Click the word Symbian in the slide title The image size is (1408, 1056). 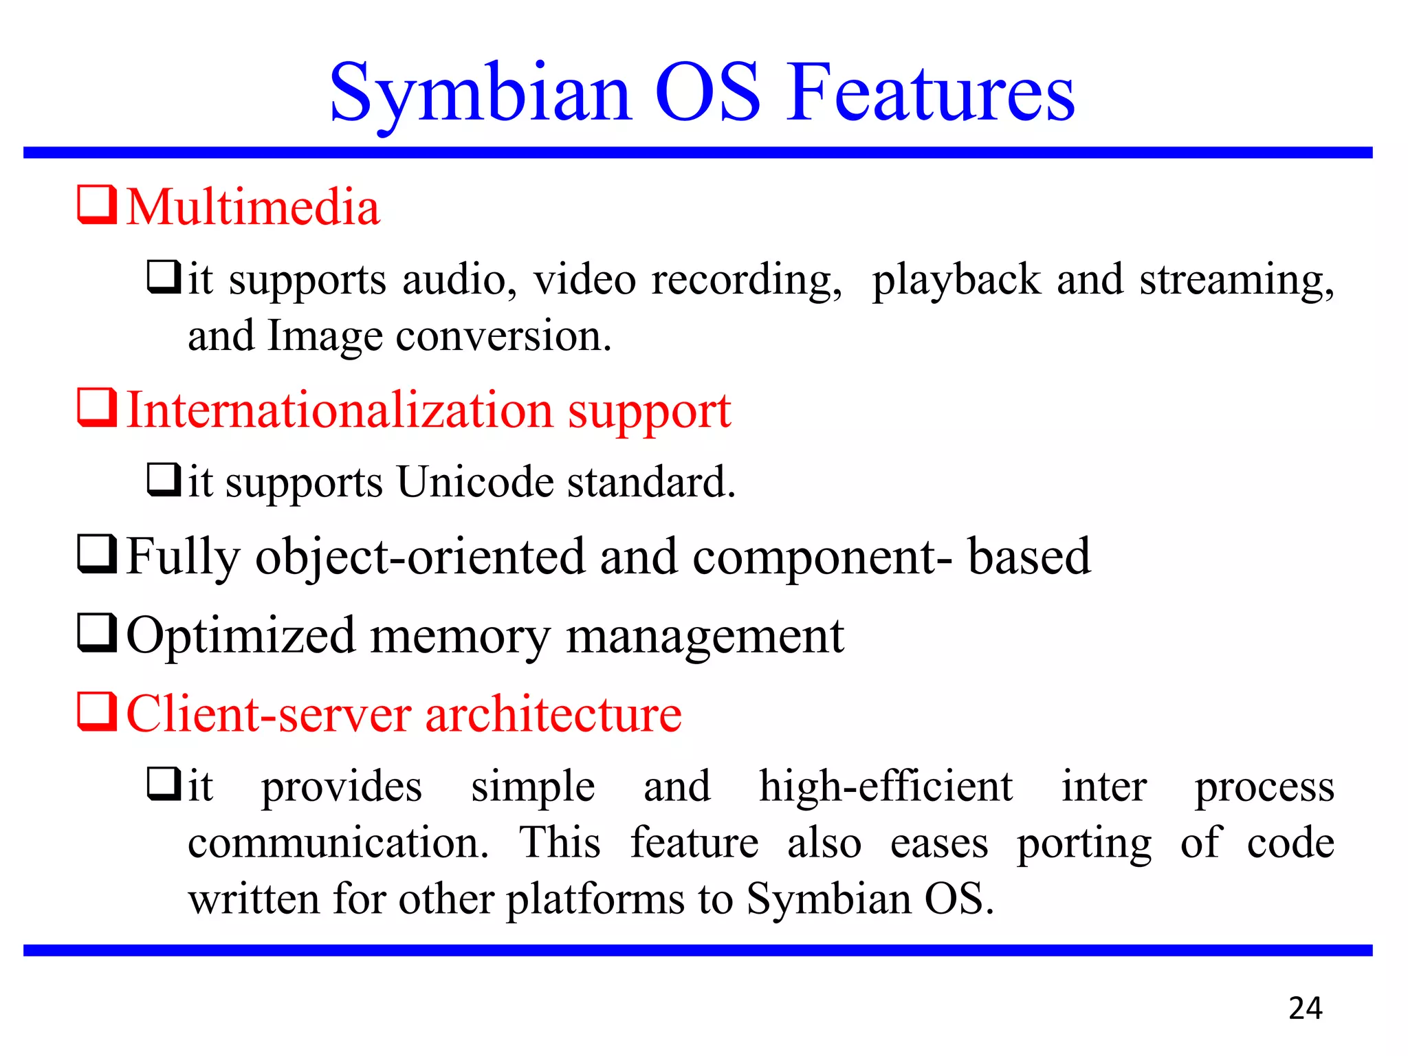click(479, 93)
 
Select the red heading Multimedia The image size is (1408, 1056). click(253, 207)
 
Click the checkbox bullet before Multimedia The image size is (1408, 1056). click(96, 204)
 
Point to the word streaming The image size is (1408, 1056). click(1236, 280)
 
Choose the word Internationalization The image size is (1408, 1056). click(340, 410)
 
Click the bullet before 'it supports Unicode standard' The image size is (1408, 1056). click(164, 480)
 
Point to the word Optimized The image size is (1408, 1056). click(241, 636)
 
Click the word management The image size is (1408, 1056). click(705, 636)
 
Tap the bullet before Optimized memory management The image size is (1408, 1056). click(96, 632)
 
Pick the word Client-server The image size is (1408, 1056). click(268, 714)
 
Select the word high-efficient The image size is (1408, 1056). click(885, 786)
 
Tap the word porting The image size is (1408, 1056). click(1084, 844)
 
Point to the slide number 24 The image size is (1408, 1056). click(1305, 1009)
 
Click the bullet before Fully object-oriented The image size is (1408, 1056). click(96, 554)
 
